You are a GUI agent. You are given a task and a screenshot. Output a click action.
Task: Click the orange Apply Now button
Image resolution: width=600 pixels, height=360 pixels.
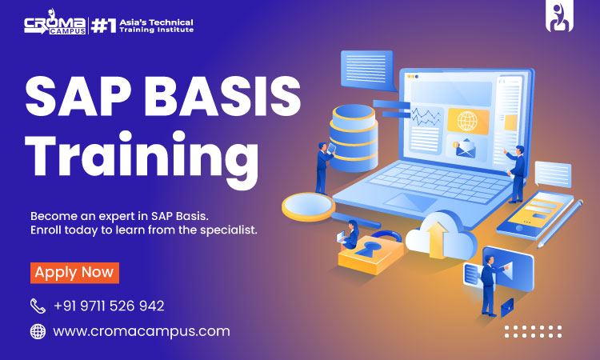74,273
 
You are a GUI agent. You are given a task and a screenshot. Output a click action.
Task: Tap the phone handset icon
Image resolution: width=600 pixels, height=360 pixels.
38,306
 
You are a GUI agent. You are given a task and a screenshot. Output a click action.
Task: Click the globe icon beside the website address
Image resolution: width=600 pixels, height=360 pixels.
38,331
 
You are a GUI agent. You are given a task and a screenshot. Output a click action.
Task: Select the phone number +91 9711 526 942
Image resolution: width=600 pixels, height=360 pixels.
109,306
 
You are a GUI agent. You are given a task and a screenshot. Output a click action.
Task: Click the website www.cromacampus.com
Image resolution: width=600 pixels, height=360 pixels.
142,331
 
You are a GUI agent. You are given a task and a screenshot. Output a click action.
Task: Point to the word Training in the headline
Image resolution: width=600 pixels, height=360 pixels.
142,158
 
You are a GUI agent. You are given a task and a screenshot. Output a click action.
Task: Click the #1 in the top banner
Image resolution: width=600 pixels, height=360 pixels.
103,26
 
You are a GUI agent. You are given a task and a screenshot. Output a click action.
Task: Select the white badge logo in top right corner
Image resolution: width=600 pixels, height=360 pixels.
559,16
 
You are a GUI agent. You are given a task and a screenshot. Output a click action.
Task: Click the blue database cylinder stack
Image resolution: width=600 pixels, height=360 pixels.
353,138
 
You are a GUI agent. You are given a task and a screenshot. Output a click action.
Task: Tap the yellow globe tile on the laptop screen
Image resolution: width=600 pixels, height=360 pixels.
468,121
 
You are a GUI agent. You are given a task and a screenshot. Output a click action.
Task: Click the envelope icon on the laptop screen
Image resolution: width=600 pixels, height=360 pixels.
466,149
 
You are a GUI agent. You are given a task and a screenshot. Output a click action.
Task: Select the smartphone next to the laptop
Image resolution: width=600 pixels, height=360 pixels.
534,215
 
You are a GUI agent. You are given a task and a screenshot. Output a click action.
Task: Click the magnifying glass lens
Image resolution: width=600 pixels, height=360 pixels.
309,207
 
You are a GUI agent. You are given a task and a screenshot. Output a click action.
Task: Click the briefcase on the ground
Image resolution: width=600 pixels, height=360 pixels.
506,307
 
